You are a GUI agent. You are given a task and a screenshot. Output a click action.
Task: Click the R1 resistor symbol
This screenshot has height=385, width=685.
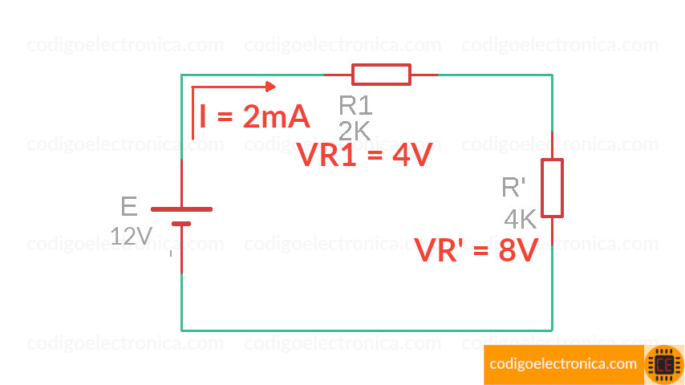[381, 75]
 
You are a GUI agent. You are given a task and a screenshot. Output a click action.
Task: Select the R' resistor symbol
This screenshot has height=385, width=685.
[552, 188]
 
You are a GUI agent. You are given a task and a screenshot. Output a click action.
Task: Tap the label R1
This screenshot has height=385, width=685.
[355, 105]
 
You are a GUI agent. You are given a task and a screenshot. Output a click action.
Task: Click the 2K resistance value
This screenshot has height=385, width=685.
[355, 131]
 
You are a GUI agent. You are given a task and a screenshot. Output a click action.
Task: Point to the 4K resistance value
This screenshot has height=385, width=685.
[520, 219]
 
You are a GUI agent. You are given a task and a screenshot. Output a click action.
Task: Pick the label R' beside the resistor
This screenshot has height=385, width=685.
[513, 188]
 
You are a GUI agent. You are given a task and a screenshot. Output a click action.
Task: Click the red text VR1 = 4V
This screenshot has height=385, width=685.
[364, 156]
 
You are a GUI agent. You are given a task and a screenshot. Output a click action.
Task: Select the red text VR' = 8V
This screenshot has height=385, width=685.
[476, 251]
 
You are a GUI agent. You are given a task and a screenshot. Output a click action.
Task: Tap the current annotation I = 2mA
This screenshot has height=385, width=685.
[254, 118]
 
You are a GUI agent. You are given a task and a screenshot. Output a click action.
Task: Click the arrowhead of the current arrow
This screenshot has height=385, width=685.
[271, 87]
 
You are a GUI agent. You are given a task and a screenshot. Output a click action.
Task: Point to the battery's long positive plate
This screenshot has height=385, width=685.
[181, 209]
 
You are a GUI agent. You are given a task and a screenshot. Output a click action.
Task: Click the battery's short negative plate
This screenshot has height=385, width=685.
[181, 224]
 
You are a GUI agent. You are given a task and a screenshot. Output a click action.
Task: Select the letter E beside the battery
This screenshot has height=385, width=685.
[129, 207]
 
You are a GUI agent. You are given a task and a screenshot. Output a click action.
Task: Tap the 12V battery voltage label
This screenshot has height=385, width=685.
[132, 236]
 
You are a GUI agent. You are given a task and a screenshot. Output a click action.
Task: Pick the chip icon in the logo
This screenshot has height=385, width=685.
[664, 364]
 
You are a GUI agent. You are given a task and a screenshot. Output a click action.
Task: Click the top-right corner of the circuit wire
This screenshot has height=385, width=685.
[552, 75]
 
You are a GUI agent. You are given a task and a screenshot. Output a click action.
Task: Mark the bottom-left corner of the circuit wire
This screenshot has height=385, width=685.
[181, 330]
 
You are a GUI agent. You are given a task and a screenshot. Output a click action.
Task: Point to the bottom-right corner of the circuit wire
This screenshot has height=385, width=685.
[552, 330]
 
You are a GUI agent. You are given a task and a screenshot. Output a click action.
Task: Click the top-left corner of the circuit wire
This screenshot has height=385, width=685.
[181, 75]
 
